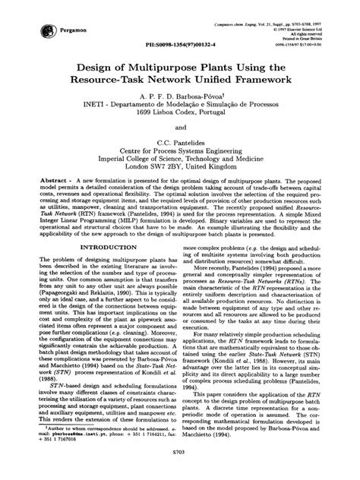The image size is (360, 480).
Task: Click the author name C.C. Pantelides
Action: [x=179, y=172]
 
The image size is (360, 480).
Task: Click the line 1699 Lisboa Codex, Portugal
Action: [x=180, y=135]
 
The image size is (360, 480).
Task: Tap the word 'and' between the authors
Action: [x=180, y=153]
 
